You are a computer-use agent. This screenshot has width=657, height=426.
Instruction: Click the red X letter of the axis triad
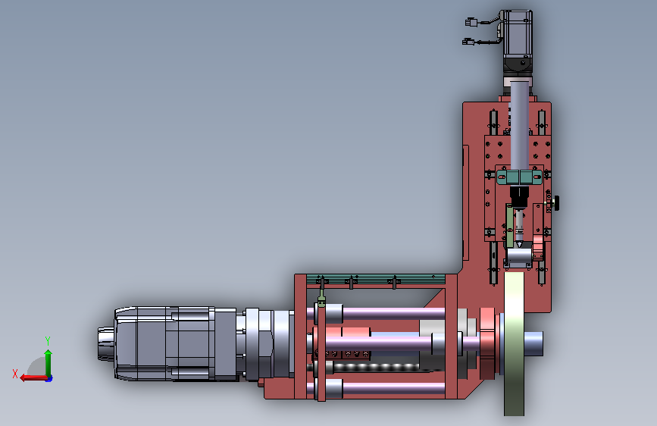click(x=15, y=374)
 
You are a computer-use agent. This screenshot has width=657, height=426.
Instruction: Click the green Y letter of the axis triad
click(x=48, y=341)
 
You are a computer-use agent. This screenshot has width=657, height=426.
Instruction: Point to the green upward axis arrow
click(x=48, y=363)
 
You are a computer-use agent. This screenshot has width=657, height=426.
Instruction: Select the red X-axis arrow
click(x=33, y=378)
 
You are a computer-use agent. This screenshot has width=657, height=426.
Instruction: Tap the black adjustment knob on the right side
click(x=556, y=204)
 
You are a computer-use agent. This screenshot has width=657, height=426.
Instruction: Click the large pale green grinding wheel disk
click(x=514, y=344)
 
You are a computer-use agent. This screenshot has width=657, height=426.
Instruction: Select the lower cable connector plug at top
click(x=468, y=42)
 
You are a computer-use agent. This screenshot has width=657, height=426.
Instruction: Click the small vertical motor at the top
click(x=517, y=41)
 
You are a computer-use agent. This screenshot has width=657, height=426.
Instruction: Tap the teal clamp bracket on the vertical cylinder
click(x=520, y=177)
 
